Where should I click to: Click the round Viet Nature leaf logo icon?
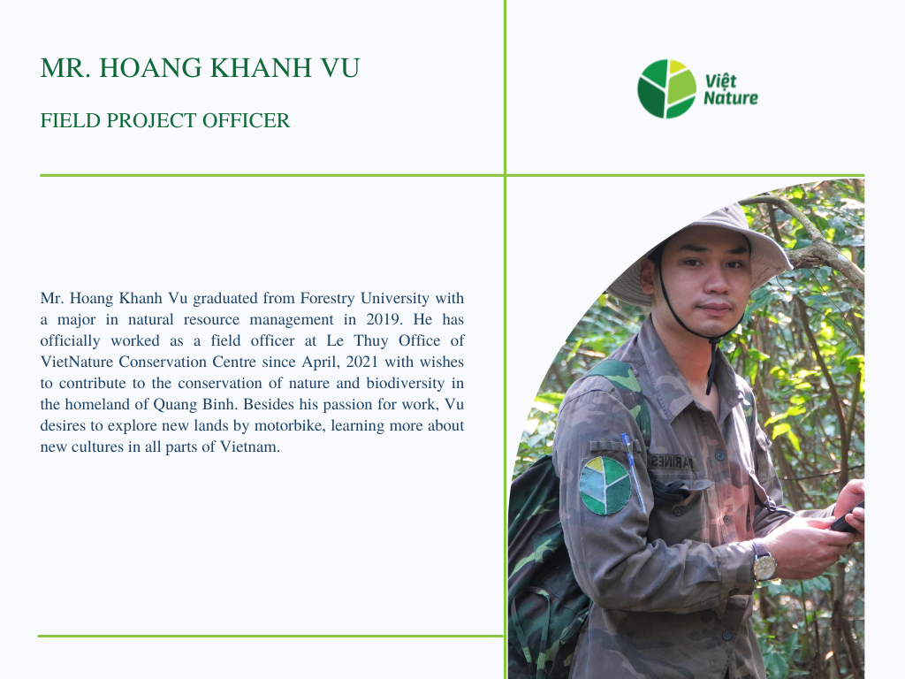[x=666, y=89]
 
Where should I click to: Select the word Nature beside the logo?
[x=731, y=97]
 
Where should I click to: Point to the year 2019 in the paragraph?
[x=383, y=319]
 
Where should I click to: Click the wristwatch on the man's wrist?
[x=764, y=561]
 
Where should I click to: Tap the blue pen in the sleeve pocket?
[x=633, y=471]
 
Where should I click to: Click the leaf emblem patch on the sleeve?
[x=605, y=485]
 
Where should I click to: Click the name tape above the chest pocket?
[x=673, y=463]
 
